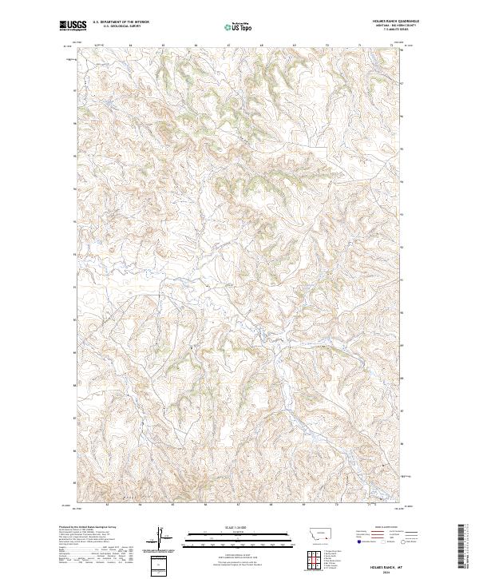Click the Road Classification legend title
coord(382,528)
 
